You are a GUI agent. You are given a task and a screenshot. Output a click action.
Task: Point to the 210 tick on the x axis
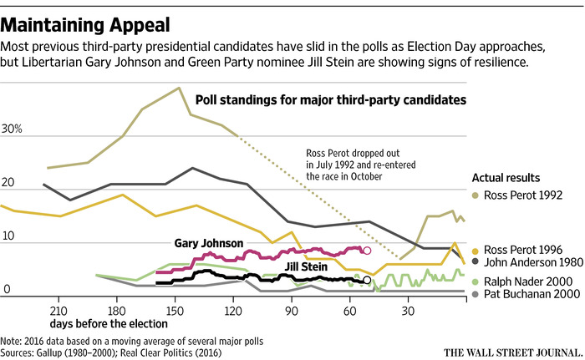[58, 308]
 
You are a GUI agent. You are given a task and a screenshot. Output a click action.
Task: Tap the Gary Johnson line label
[209, 243]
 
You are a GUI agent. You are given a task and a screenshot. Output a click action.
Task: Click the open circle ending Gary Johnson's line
[366, 250]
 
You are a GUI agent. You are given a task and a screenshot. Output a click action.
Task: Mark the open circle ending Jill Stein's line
[367, 281]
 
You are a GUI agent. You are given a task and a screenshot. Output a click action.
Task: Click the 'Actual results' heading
[505, 178]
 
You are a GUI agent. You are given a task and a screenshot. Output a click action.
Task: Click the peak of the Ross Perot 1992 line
[179, 88]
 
